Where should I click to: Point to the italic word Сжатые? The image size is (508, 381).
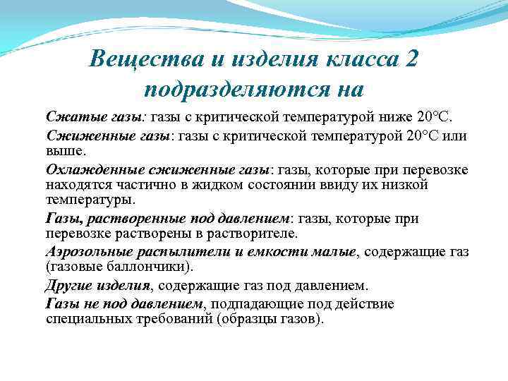pyautogui.click(x=67, y=115)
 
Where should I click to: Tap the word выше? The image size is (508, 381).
pyautogui.click(x=64, y=150)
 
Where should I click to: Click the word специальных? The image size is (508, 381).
pyautogui.click(x=87, y=319)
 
